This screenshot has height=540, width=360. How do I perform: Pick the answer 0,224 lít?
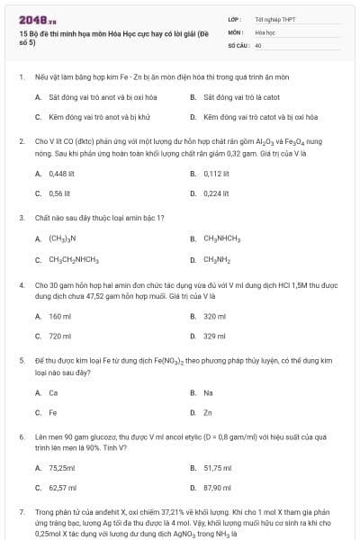[216, 193]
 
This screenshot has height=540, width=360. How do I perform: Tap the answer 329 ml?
[214, 336]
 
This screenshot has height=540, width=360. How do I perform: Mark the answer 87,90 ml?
[217, 488]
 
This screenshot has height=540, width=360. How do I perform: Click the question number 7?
[21, 510]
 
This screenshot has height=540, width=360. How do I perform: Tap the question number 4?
[21, 284]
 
